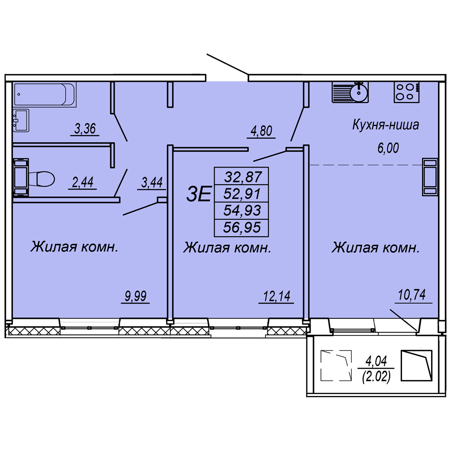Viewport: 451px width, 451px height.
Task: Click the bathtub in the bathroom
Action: tap(44, 94)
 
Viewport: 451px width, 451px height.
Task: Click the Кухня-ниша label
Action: tap(386, 125)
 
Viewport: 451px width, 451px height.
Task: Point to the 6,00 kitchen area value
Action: tap(388, 148)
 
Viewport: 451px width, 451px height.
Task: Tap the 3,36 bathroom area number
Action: tap(85, 129)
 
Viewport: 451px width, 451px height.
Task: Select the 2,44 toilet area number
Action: tap(83, 182)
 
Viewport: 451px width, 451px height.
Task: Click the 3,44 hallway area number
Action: tap(152, 183)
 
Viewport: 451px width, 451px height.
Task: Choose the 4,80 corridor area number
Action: tap(261, 131)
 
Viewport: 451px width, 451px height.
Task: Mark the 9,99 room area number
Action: tap(136, 296)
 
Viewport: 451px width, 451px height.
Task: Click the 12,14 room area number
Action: tap(277, 296)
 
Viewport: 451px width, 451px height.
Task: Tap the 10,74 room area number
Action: tap(412, 295)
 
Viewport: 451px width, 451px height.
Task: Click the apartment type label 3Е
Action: tap(198, 194)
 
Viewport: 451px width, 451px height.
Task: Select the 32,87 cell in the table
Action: tap(243, 177)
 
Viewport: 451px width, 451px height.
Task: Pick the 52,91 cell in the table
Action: tap(242, 194)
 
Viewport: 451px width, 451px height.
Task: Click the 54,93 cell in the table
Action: tap(242, 210)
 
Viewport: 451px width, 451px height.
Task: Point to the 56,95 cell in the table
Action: tap(242, 227)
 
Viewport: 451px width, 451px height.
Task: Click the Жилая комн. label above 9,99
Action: tap(74, 247)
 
